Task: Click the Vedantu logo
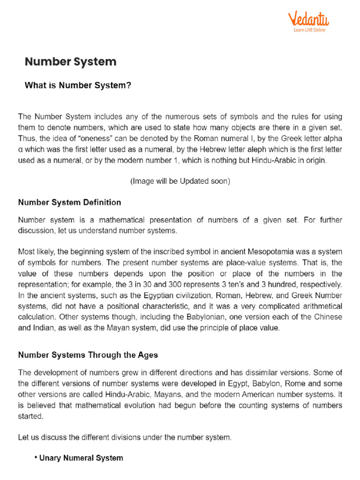[308, 20]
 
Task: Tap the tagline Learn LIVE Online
[309, 30]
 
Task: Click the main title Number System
[70, 62]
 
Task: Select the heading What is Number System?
[78, 86]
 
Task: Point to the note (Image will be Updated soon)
[180, 181]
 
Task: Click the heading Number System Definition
[69, 202]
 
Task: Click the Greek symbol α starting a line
[20, 150]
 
